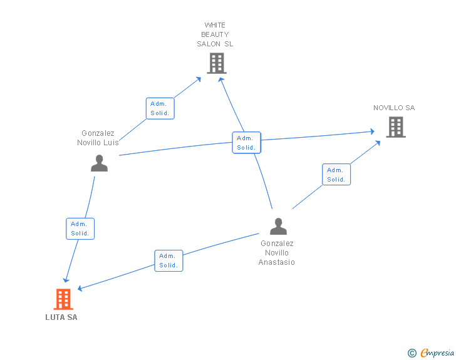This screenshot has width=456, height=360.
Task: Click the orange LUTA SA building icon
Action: tap(63, 299)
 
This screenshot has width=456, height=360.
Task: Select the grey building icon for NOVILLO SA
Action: tap(396, 127)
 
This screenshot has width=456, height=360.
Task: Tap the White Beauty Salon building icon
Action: tap(217, 63)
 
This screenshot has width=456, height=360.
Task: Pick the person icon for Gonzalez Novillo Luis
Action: tap(99, 163)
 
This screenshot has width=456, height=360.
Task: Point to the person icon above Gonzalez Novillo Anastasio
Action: tap(278, 226)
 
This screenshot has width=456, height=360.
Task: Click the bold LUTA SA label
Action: tap(61, 317)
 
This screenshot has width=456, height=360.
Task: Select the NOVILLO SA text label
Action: tap(394, 108)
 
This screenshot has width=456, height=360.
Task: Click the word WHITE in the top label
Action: tap(215, 25)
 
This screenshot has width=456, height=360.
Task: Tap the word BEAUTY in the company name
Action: tap(215, 34)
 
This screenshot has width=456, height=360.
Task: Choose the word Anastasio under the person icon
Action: tap(277, 262)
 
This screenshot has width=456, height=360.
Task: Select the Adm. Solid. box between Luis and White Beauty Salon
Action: tap(160, 108)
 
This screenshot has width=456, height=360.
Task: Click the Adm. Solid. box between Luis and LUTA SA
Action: tap(80, 229)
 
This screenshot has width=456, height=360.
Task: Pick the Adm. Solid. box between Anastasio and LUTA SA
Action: tap(168, 261)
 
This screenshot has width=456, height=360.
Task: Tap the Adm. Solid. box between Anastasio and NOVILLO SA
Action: tap(336, 175)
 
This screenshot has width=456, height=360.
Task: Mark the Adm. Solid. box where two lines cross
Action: tap(247, 143)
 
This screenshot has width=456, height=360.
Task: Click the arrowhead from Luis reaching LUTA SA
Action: tap(66, 280)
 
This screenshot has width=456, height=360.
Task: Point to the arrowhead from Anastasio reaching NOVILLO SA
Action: tap(378, 143)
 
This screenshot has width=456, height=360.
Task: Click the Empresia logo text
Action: tap(437, 352)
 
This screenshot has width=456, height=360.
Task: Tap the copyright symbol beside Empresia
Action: tap(412, 353)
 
